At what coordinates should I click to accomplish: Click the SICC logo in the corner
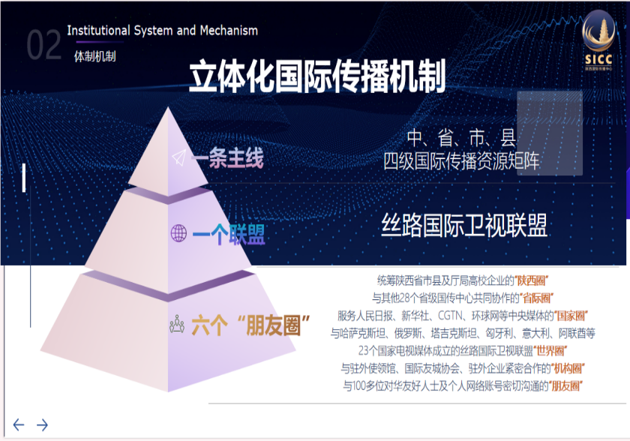click(598, 40)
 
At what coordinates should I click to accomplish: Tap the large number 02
click(43, 45)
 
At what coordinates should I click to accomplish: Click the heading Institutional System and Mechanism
click(162, 31)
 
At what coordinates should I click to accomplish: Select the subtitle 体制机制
click(94, 57)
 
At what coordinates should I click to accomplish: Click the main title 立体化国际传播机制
click(317, 76)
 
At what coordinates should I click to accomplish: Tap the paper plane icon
click(179, 157)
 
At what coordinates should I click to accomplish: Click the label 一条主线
click(227, 157)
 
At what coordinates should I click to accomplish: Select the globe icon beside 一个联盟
click(178, 233)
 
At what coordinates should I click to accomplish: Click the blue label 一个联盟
click(229, 235)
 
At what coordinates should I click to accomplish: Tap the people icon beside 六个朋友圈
click(177, 324)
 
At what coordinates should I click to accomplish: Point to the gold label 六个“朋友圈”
click(250, 325)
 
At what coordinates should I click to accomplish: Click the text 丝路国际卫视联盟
click(464, 225)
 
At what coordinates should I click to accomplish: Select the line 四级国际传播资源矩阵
click(461, 161)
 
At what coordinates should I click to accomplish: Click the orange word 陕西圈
click(532, 280)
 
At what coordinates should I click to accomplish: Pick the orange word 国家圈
click(571, 316)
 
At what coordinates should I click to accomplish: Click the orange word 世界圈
click(550, 351)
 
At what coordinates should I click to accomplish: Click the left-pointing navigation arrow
click(19, 424)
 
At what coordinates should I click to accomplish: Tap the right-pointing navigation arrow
click(42, 424)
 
